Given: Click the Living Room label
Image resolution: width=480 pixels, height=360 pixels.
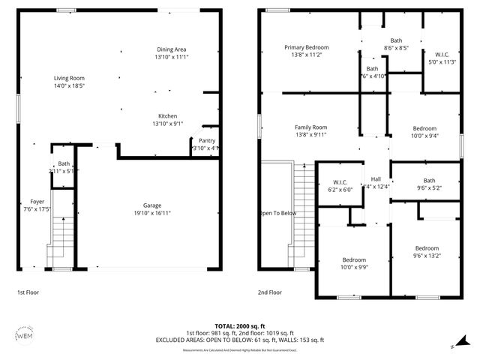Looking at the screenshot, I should coord(69,78).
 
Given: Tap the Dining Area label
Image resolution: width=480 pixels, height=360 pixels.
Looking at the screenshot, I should coord(170,49).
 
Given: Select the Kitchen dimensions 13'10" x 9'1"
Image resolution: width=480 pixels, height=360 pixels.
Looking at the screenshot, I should coord(167,124).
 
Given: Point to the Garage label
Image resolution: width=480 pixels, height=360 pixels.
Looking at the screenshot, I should coord(152,205).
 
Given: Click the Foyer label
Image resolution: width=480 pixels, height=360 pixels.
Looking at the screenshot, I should coord(37,202).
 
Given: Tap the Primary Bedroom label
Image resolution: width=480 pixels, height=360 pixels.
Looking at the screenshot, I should coord(306,47).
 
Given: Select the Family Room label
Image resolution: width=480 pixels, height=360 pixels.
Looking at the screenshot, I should coord(310,127).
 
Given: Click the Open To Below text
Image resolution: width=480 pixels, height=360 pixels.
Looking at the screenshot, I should coord(278,213).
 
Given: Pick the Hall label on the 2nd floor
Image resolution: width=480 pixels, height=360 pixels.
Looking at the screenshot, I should coord(376,178).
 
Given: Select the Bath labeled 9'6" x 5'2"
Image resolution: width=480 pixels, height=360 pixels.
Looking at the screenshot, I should coord(429,180).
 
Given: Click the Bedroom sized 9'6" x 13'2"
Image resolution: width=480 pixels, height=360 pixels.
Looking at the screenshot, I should coord(427,248).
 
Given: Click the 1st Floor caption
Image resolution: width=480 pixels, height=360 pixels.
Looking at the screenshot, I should coord(28,292).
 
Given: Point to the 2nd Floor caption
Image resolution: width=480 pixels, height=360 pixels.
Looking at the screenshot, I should coord(270,292).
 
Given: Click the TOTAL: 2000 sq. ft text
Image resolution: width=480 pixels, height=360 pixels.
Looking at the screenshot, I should coord(239,326).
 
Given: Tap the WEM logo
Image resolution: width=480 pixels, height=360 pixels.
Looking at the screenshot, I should coord(24,336).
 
